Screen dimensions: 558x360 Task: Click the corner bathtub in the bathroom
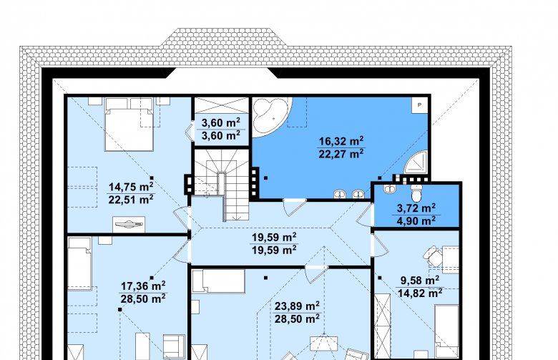tap(270, 116)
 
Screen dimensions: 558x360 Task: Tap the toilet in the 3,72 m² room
tap(416, 194)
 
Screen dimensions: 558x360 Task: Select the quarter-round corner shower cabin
tap(417, 162)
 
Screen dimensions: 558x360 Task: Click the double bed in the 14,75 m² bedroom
tap(129, 125)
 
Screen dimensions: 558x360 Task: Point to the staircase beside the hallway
tap(221, 183)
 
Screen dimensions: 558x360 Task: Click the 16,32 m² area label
tap(341, 141)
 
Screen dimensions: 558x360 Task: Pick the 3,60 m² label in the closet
tap(220, 123)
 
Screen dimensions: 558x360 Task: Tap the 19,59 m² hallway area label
tap(274, 237)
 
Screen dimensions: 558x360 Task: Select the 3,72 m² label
tap(416, 208)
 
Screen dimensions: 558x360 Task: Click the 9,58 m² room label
tap(419, 281)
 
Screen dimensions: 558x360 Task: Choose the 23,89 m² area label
tap(297, 306)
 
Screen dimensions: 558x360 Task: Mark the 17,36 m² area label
tap(142, 286)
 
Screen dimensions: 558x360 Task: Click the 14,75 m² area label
tap(131, 187)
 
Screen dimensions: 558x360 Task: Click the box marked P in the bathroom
tap(419, 105)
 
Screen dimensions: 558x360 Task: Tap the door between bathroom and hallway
tap(294, 208)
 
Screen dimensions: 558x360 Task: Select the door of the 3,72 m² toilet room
tap(366, 215)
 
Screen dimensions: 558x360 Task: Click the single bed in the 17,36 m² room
tap(79, 263)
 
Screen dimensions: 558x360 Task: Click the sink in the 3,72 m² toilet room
tap(388, 189)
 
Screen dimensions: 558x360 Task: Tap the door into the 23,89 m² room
tap(316, 274)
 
